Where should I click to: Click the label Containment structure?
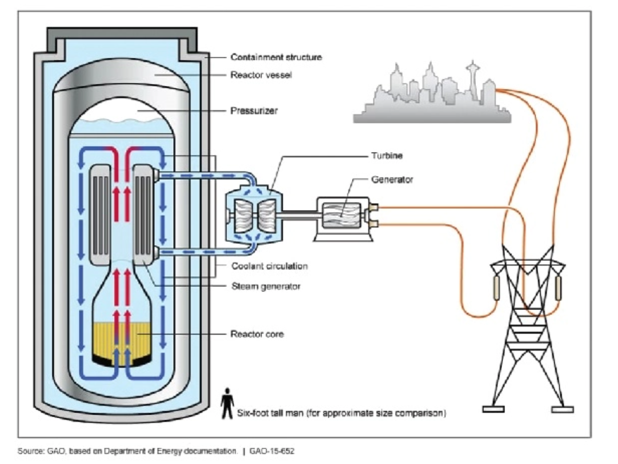tap(276, 57)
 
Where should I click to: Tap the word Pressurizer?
tap(254, 111)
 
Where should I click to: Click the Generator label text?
tap(392, 180)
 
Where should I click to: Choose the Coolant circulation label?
tap(270, 266)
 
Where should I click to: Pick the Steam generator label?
tap(266, 286)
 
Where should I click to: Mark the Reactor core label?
tap(257, 334)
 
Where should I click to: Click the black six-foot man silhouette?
tap(227, 403)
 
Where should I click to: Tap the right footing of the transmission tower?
tap(562, 409)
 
